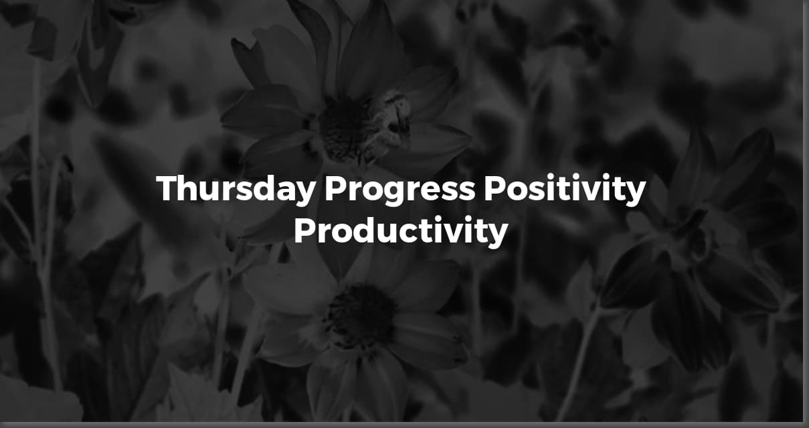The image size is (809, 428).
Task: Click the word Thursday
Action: [x=235, y=190]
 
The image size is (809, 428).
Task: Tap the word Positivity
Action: [x=565, y=190]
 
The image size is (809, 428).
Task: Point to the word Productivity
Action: [x=400, y=232]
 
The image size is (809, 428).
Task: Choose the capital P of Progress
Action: [x=334, y=190]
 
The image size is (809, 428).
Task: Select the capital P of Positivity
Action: [x=494, y=190]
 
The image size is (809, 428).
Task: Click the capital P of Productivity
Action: [x=304, y=231]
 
